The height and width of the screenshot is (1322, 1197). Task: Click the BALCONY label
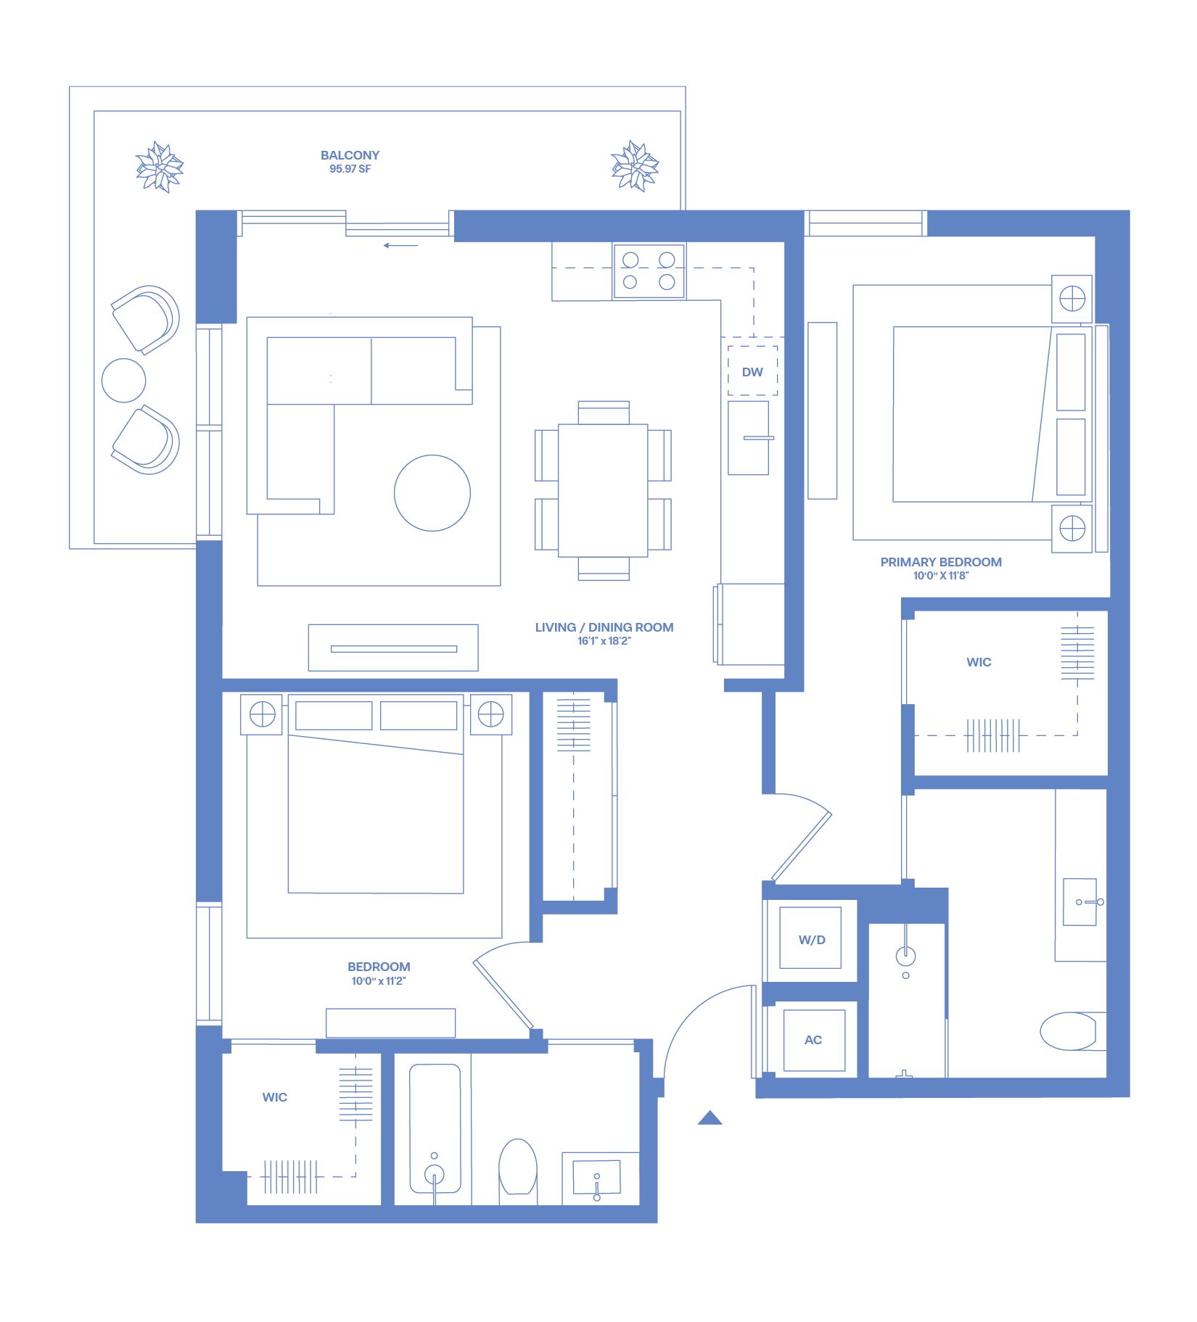point(350,155)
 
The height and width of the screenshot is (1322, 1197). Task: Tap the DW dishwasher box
point(752,371)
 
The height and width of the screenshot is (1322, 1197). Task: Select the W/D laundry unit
point(811,939)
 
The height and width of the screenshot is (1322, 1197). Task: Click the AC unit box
point(813,1040)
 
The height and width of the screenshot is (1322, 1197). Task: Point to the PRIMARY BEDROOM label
point(941,562)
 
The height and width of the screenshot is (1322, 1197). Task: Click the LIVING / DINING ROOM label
point(604,627)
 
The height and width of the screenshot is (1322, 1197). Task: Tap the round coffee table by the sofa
point(432,493)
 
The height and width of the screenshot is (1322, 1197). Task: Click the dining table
point(603,490)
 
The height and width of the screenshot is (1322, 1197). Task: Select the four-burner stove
point(649,270)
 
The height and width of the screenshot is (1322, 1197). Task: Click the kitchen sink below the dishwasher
point(749,438)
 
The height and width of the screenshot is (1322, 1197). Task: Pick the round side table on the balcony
point(124,380)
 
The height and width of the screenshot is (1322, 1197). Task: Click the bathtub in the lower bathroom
point(435,1128)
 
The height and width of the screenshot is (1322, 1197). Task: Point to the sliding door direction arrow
point(400,245)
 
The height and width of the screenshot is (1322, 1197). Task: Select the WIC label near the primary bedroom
point(979,662)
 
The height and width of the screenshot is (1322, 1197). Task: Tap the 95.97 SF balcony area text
point(350,169)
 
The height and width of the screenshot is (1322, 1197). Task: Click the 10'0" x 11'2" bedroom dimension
point(379,981)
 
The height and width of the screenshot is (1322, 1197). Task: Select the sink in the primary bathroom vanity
point(1080,902)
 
